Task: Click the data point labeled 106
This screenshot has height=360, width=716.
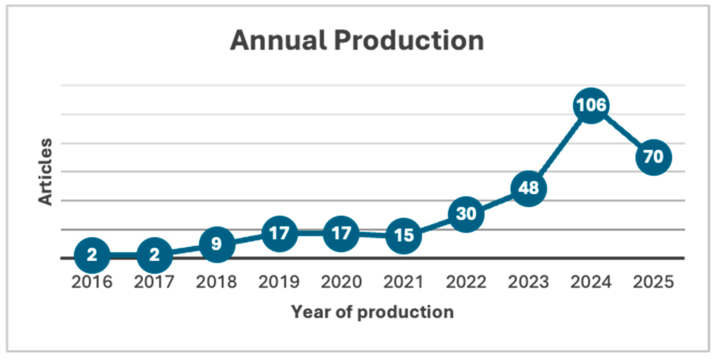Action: point(591,105)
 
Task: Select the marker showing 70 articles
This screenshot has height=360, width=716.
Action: point(653,157)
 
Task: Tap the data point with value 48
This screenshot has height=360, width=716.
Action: point(528,189)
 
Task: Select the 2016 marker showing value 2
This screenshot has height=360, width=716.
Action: point(92,255)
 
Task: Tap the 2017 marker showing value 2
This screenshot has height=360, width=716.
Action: point(154,255)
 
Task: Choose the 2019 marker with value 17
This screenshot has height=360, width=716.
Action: point(279,234)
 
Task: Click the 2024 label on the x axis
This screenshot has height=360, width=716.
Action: point(591,282)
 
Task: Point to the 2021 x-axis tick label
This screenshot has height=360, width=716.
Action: point(403,282)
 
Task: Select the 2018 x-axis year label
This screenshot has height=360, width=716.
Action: point(216,282)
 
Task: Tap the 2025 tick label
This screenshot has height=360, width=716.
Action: point(653,282)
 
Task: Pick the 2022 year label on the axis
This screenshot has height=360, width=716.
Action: point(466,282)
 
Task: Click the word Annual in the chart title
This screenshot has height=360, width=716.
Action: point(278,40)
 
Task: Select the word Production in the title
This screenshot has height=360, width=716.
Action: point(409,40)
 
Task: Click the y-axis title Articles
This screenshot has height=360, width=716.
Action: point(45,172)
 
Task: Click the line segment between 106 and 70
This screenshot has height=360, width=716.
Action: point(622,131)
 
